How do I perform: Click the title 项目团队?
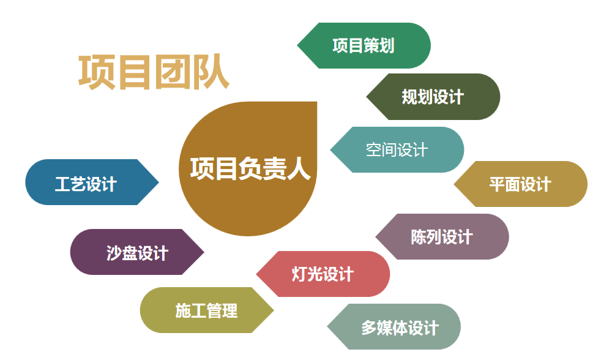[x=154, y=72]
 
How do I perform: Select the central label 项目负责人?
[x=250, y=168]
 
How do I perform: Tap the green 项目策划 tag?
[x=364, y=46]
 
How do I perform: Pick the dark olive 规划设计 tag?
[x=433, y=97]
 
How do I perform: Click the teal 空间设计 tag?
[x=397, y=149]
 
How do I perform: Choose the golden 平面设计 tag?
[x=520, y=184]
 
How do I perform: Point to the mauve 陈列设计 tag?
[x=442, y=236]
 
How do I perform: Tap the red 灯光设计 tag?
[x=323, y=274]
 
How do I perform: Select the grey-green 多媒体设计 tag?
[x=394, y=327]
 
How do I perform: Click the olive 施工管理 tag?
[x=207, y=310]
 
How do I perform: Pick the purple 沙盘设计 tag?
[x=137, y=252]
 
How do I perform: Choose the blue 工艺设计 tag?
[x=92, y=182]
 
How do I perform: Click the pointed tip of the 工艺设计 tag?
[x=159, y=182]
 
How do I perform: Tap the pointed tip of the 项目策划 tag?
[x=297, y=46]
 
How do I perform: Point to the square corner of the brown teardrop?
[x=316, y=102]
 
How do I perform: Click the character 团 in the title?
[x=173, y=72]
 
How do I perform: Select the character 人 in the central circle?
[x=298, y=168]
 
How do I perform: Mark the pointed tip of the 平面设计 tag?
[x=454, y=184]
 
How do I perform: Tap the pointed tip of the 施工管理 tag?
[x=274, y=310]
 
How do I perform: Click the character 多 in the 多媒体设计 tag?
[x=368, y=328]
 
